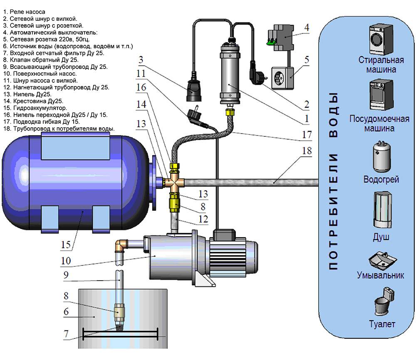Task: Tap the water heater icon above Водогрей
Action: coord(381,158)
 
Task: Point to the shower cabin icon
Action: coord(381,210)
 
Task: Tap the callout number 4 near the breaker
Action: coord(307,28)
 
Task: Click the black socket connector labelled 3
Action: coord(194,89)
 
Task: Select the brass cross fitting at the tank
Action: coord(175,182)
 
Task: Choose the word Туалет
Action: coord(381,324)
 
